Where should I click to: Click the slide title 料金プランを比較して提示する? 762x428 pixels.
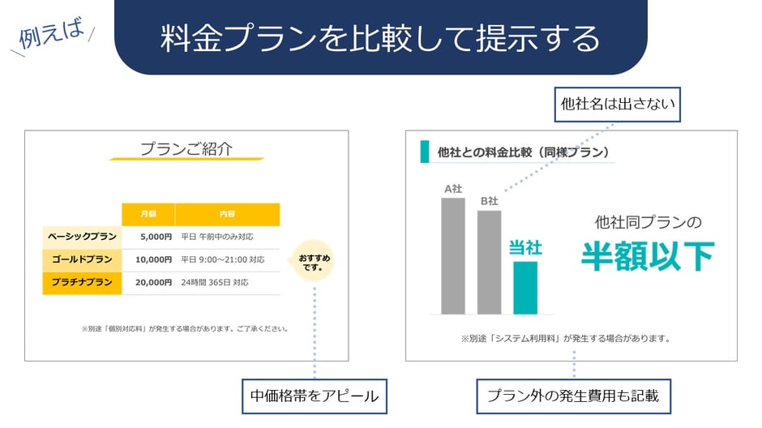(380, 39)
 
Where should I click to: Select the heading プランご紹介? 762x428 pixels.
(186, 149)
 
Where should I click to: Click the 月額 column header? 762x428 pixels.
(148, 215)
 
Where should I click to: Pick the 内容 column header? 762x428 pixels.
(227, 215)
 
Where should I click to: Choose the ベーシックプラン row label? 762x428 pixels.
(82, 238)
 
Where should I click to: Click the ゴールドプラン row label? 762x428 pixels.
(82, 260)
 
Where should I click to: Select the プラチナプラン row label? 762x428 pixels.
(82, 283)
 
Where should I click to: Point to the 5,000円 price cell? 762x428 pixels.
(155, 238)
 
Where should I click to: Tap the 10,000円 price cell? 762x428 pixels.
(153, 260)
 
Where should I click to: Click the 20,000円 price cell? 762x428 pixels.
(153, 283)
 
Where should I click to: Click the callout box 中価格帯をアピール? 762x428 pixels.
(314, 396)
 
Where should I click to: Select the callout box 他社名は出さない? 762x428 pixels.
(617, 105)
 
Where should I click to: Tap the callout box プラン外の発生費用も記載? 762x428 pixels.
(573, 396)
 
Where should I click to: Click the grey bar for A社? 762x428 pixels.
(453, 255)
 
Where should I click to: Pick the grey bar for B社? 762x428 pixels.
(489, 262)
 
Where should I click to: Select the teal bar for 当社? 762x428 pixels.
(525, 287)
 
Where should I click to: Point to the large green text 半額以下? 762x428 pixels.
(647, 256)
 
